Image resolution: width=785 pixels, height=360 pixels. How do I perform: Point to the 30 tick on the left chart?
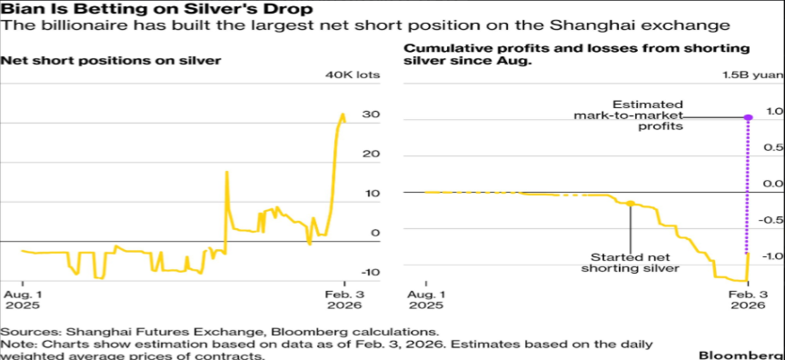372,115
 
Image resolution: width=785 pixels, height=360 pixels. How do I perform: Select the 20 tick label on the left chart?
372,155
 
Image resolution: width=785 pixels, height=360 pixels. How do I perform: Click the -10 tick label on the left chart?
370,273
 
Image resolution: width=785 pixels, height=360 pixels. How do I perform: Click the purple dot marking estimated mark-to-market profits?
748,117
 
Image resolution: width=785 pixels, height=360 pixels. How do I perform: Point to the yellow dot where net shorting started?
631,204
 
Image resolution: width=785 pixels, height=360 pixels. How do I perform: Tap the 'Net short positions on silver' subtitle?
111,61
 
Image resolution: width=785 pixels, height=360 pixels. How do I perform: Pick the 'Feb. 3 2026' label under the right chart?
748,299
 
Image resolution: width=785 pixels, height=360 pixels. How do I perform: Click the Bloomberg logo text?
741,355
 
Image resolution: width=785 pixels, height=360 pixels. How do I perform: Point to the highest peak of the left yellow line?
343,115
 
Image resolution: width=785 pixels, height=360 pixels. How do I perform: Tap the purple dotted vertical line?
748,186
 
